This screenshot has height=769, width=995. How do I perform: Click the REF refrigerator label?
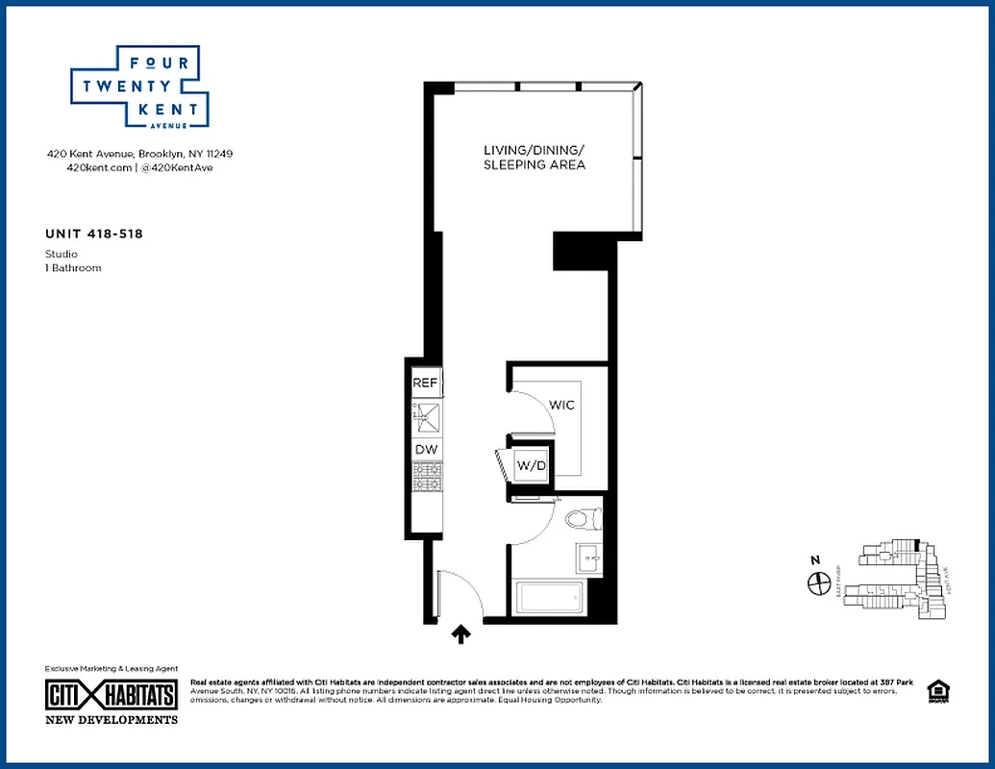[x=425, y=383]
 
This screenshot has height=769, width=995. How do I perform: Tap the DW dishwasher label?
[x=425, y=449]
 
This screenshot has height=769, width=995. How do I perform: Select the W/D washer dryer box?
[x=532, y=466]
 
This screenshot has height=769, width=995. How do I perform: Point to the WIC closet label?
[x=561, y=405]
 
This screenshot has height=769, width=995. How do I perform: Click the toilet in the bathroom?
[x=582, y=520]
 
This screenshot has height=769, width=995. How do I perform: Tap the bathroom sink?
[x=588, y=558]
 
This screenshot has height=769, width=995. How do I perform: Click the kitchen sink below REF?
[x=426, y=416]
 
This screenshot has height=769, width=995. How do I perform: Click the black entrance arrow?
[x=461, y=633]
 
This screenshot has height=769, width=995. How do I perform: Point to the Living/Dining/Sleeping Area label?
[x=534, y=158]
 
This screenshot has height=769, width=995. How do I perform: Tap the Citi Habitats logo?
[x=112, y=695]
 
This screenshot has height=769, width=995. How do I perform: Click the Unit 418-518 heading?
[x=94, y=233]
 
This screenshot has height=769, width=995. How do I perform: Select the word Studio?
[x=62, y=254]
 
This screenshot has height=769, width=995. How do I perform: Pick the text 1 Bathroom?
[x=73, y=268]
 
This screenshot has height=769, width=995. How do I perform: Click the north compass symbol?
[x=818, y=582]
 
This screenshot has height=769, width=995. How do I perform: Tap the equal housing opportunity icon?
[x=936, y=692]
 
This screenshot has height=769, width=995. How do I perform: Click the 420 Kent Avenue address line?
[x=139, y=154]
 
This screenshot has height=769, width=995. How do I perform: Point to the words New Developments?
[x=112, y=719]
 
